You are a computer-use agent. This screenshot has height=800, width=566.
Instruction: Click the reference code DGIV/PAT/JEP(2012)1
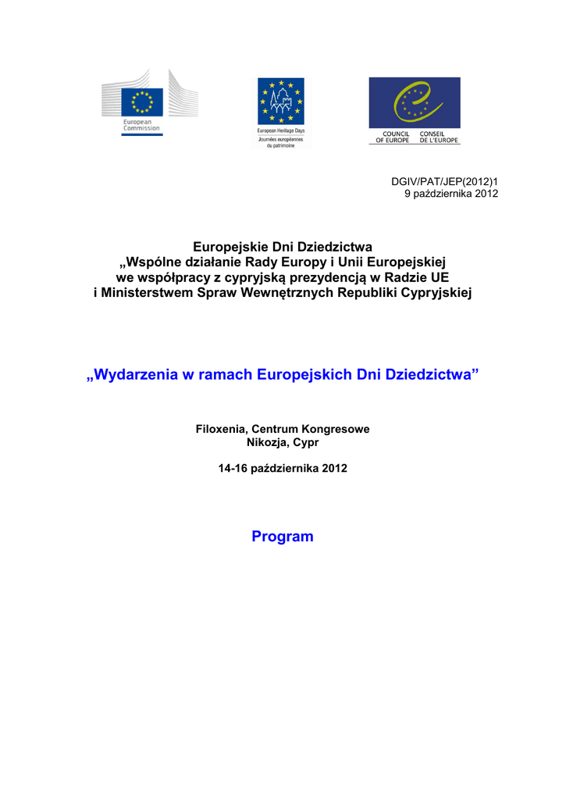coord(444,181)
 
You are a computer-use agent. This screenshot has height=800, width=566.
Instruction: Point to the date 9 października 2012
coord(451,193)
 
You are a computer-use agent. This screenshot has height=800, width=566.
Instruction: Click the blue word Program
coord(283,537)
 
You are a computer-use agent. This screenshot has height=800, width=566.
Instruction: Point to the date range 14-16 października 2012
coord(283,469)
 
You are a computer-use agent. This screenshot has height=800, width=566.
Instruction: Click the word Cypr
coord(306,442)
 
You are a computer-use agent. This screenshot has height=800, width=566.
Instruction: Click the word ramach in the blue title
coord(226,375)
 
